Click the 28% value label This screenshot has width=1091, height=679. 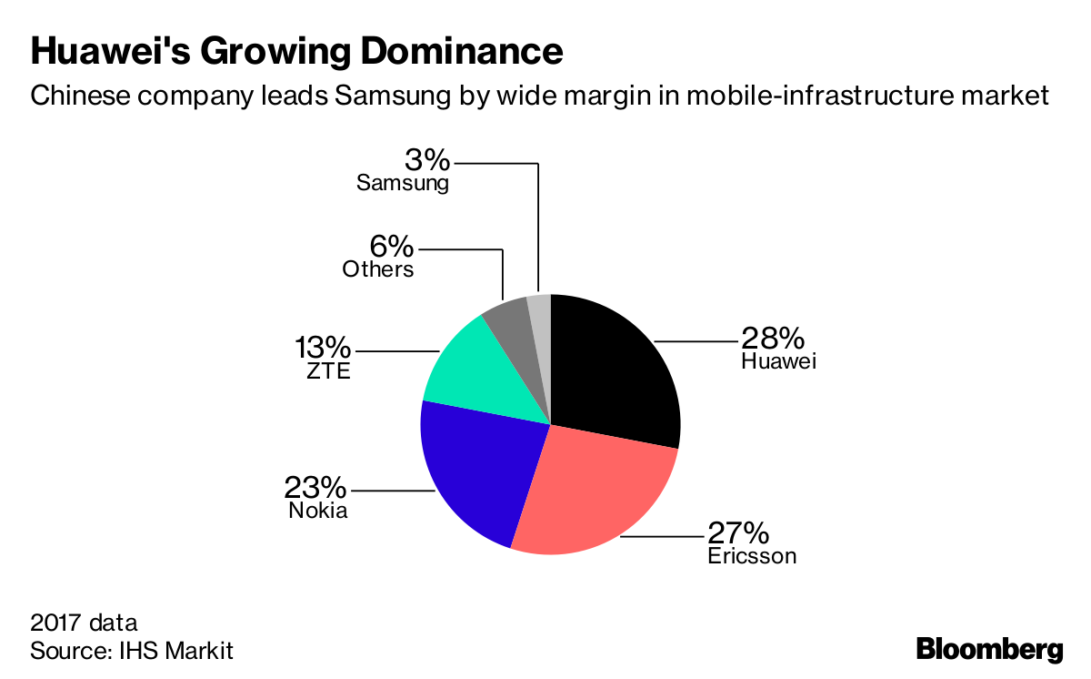(x=773, y=339)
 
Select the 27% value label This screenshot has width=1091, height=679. (x=740, y=532)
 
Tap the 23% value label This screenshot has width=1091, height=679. (x=316, y=487)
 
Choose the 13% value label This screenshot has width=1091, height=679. (x=322, y=347)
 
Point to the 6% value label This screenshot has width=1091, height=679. (x=392, y=246)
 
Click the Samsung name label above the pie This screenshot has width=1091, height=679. (x=403, y=183)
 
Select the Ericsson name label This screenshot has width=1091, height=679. (x=752, y=555)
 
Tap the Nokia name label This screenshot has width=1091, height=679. (x=318, y=510)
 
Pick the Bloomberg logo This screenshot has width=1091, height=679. (x=989, y=650)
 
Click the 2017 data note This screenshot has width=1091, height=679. (x=84, y=623)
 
